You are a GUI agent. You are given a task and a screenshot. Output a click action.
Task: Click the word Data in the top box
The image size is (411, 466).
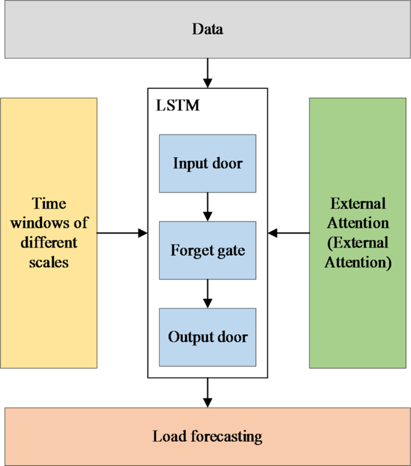(207, 29)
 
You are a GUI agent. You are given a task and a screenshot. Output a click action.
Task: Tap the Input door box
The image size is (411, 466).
(208, 163)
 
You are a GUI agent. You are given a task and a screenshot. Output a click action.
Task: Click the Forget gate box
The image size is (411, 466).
(208, 249)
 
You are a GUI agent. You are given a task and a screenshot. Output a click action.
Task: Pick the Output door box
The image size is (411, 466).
(208, 336)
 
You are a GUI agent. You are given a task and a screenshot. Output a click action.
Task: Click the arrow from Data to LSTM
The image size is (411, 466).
(208, 73)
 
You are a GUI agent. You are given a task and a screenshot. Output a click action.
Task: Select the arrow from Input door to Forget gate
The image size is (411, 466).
(208, 206)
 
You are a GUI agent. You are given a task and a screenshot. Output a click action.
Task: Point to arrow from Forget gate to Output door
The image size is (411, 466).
(208, 293)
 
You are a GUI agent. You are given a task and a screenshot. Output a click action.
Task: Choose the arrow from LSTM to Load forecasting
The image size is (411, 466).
(208, 392)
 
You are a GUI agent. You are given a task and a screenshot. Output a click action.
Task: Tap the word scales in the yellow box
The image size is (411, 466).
(49, 263)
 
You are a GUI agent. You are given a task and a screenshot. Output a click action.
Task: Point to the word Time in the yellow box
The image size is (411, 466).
(49, 203)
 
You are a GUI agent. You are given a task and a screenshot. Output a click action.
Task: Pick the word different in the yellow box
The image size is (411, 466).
(49, 243)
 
